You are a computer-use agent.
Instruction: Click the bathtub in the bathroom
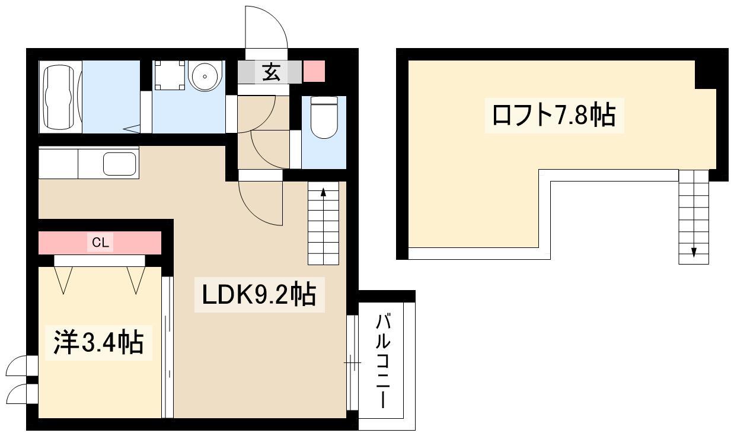(x=60, y=97)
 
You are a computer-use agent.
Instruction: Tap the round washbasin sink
(x=205, y=77)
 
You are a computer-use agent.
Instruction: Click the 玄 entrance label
(x=272, y=72)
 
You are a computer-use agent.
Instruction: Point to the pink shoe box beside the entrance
(x=314, y=71)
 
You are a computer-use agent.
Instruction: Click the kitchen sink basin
(x=120, y=164)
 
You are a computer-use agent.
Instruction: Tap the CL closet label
(x=100, y=243)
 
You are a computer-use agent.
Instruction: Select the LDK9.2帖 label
(x=259, y=294)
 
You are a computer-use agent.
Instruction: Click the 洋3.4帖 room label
(x=98, y=343)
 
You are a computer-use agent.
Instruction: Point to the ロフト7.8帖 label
(x=554, y=116)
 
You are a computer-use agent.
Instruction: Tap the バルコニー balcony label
(x=383, y=361)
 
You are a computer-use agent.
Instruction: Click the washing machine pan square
(x=170, y=75)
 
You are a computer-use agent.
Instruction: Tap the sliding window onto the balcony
(x=353, y=362)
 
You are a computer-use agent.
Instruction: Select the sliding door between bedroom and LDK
(x=167, y=348)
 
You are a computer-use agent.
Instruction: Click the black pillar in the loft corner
(x=706, y=74)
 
